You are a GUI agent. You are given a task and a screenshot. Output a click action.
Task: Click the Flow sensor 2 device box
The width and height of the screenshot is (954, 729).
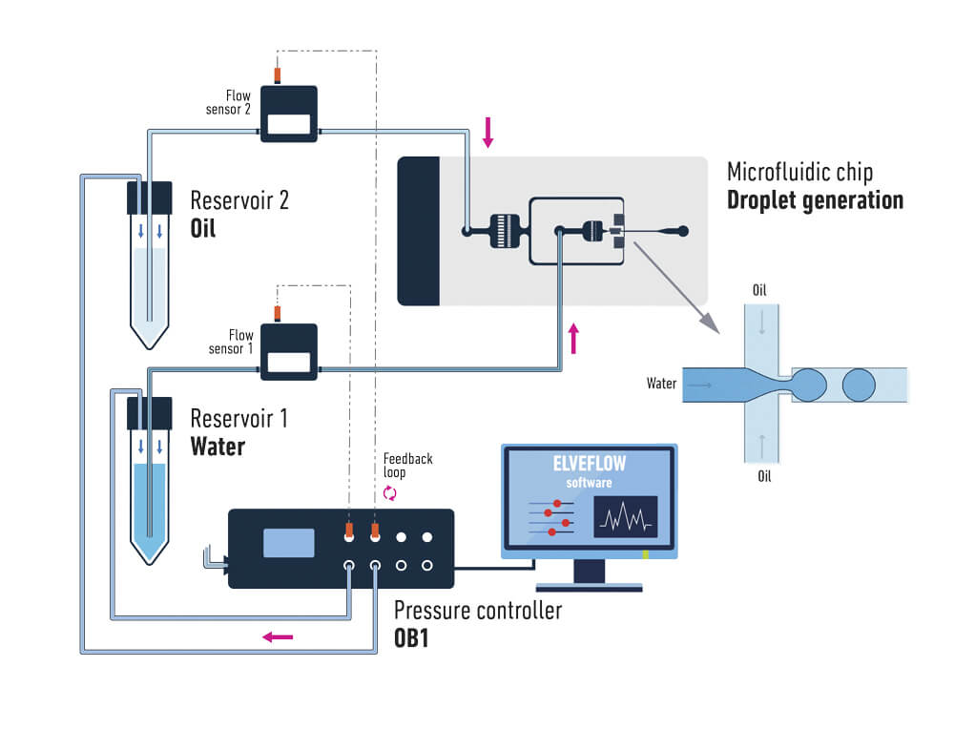point(289,114)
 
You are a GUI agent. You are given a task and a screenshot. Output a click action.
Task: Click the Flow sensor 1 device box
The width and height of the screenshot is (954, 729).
point(289,351)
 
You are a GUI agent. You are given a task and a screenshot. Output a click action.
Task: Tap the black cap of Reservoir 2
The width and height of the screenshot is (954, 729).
point(149,198)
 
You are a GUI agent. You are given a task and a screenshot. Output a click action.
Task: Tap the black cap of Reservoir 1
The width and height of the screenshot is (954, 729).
point(149,412)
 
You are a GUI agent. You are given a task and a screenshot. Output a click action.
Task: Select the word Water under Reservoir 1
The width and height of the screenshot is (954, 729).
point(218,446)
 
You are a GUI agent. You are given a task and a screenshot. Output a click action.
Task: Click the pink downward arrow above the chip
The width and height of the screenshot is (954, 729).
point(488,132)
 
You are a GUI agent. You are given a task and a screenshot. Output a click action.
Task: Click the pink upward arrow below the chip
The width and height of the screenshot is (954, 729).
point(573,338)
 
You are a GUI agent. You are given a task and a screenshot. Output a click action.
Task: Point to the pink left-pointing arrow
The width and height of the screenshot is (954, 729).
point(279,636)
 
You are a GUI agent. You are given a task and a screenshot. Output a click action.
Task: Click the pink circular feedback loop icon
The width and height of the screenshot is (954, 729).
point(389,493)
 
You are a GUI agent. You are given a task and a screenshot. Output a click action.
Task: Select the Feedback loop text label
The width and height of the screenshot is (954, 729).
point(407,466)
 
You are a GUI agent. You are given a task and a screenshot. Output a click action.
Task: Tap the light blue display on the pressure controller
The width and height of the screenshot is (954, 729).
point(289,542)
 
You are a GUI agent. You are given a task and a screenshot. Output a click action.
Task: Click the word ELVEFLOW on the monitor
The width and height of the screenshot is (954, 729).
point(589,467)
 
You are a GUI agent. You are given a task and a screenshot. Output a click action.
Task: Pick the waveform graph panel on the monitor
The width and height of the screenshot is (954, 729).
point(625,516)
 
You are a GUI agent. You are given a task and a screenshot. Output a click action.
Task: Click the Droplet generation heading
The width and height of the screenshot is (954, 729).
point(815,200)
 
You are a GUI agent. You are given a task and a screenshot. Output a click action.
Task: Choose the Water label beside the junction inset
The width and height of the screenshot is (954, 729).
point(661,384)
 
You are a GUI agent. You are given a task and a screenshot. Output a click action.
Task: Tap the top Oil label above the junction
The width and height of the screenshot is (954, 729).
point(759,290)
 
